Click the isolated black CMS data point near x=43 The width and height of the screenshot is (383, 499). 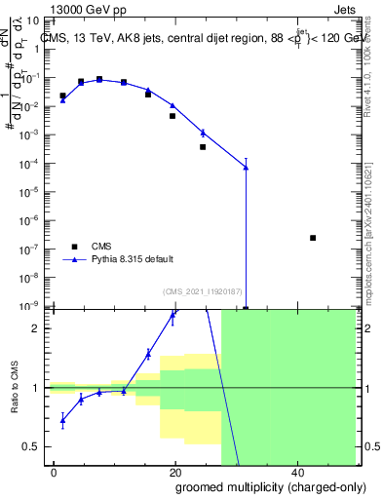[313, 238]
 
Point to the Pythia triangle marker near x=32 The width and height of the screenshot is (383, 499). [246, 168]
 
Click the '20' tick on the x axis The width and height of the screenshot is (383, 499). [174, 472]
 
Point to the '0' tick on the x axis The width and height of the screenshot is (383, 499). [55, 472]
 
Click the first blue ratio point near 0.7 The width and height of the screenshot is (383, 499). [62, 421]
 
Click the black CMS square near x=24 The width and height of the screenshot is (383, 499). [203, 147]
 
